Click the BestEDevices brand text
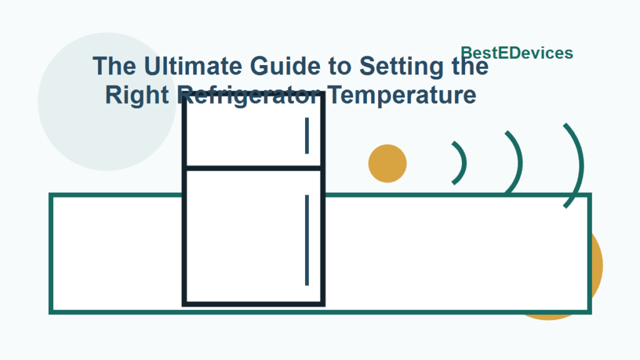click(x=517, y=53)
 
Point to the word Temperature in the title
click(x=402, y=96)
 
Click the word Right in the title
click(x=138, y=96)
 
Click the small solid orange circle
click(x=387, y=164)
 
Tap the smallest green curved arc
click(x=462, y=163)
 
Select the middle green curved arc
click(x=517, y=161)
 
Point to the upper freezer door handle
click(x=307, y=136)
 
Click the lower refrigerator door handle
click(x=307, y=240)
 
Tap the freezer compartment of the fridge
click(x=250, y=134)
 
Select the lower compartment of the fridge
click(x=250, y=237)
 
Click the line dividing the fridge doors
click(x=253, y=168)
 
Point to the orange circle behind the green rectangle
click(x=597, y=269)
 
